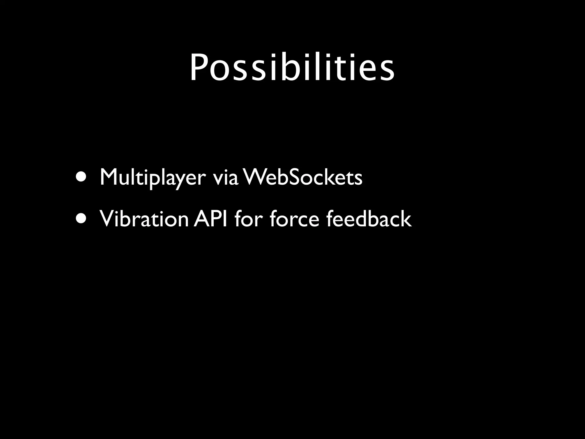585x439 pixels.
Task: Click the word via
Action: tap(225, 177)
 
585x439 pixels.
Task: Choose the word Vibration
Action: tap(144, 219)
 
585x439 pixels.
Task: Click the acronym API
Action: tap(211, 219)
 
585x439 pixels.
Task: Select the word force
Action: tap(294, 219)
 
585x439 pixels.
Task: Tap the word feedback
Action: tap(369, 219)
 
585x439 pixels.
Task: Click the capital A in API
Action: tap(201, 219)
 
